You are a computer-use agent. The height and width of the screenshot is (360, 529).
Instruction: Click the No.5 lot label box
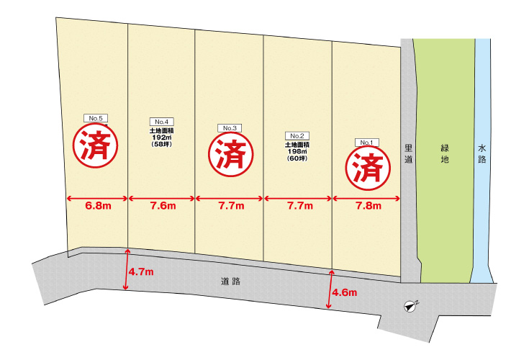[x=96, y=117]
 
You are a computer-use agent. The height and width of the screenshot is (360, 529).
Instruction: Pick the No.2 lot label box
[x=297, y=135]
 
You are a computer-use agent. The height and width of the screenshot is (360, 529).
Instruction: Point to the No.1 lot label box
[x=366, y=143]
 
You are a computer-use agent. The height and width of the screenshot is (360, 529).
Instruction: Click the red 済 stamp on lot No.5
[x=95, y=145]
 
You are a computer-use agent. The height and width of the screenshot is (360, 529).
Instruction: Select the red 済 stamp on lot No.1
[x=368, y=168]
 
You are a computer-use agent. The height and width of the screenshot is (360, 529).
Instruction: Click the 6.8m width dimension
[x=97, y=206]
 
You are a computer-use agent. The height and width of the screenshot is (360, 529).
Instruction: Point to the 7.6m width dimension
[x=162, y=206]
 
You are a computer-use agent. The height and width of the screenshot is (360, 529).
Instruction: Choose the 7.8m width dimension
[x=367, y=206]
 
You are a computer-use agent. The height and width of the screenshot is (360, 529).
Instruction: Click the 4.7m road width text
[x=142, y=272]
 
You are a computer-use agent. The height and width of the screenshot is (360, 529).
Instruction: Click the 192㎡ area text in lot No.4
[x=160, y=138]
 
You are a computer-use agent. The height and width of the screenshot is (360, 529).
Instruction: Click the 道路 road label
[x=230, y=282]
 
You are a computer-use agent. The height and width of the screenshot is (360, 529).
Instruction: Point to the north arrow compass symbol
[x=410, y=306]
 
